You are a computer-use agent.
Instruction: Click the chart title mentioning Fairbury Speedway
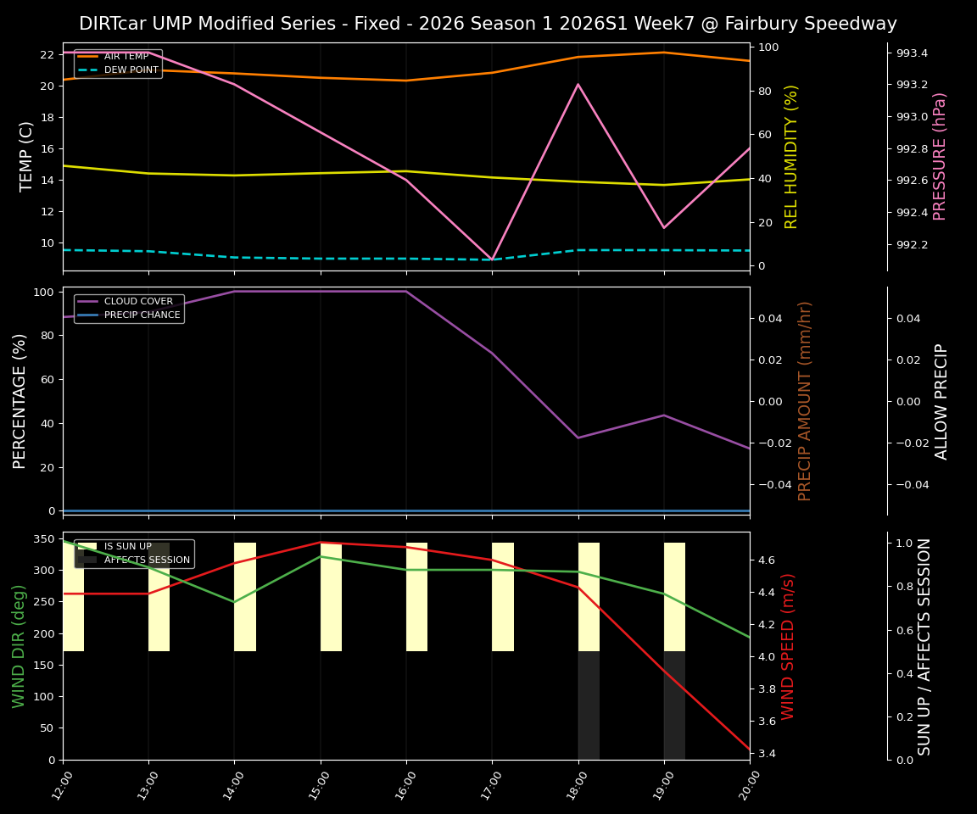coord(488,24)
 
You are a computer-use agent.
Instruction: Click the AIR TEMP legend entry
coord(126,57)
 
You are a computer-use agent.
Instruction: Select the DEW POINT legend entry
coord(131,70)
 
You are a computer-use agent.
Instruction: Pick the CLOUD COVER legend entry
coord(138,301)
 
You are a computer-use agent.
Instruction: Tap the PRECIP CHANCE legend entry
coord(142,315)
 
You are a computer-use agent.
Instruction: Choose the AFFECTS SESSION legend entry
coord(147,560)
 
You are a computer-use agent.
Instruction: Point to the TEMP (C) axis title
coord(27,156)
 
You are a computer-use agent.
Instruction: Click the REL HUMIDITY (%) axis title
coord(792,156)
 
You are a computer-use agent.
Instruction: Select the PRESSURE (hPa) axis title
coord(940,156)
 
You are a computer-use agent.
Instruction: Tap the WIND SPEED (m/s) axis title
coord(789,646)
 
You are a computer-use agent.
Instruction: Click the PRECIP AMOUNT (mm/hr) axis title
coord(806,400)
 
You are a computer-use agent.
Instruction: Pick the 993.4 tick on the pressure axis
coord(912,53)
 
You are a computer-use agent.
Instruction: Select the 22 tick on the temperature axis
coord(47,54)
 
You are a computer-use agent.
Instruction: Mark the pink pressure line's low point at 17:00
coord(492,259)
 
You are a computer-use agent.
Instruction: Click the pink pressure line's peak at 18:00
coord(578,84)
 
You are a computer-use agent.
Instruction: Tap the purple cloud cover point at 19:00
coord(664,415)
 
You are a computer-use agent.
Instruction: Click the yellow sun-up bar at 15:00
coord(331,597)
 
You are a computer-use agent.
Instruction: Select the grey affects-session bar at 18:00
coord(589,705)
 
